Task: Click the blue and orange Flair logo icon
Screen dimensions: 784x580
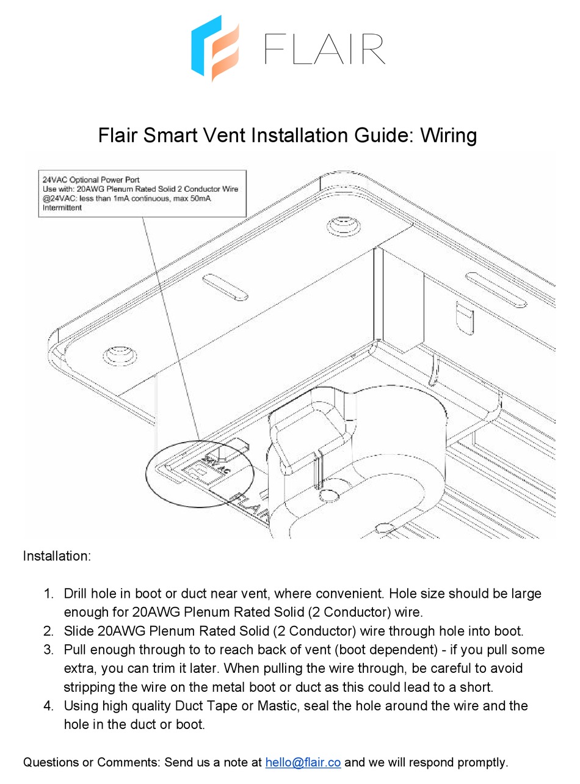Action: [x=214, y=48]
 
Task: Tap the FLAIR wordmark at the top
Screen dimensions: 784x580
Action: [x=324, y=49]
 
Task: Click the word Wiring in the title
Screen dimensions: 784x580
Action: [x=447, y=135]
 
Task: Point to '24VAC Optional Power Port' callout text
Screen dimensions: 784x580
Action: [x=90, y=180]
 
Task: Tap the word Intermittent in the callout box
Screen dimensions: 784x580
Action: [x=62, y=208]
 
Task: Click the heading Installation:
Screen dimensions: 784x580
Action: [x=57, y=556]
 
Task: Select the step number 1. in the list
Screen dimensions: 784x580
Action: [x=49, y=593]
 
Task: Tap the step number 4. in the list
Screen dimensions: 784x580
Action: [x=49, y=706]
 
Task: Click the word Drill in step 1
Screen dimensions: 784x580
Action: [x=76, y=593]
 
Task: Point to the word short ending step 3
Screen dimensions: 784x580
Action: [x=477, y=687]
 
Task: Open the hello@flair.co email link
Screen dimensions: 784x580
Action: [x=303, y=762]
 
